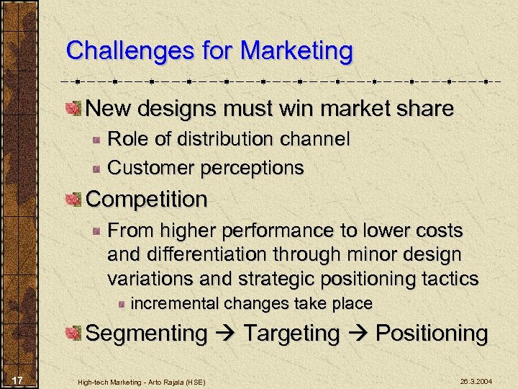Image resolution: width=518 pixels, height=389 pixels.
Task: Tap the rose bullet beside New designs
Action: [73, 109]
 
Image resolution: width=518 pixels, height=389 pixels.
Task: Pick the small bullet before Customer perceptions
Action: [96, 169]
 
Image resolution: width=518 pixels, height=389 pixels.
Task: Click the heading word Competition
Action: [147, 200]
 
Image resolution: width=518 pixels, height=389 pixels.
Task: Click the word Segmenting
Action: [146, 334]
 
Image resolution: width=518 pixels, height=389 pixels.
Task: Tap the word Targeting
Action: [291, 334]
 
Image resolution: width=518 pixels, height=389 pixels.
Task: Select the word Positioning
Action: [432, 334]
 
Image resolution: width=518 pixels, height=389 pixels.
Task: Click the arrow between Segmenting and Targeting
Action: [224, 334]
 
